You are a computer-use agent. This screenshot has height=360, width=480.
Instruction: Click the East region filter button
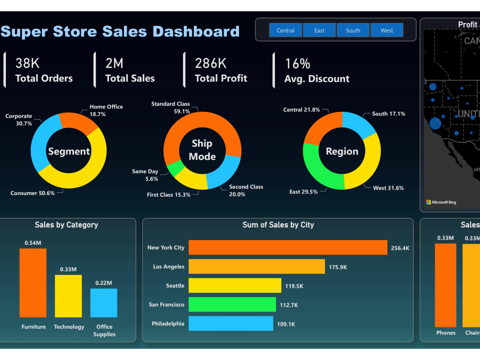pos(319,30)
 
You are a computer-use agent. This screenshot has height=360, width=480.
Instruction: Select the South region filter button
pos(353,30)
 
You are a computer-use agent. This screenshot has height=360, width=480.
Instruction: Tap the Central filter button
pos(286,30)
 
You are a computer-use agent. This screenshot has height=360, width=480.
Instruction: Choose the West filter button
pos(387,30)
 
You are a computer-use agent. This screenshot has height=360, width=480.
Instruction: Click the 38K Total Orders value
pos(27,63)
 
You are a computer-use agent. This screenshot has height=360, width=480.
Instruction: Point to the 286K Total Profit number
pos(211,63)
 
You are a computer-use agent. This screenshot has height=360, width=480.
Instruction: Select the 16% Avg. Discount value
pos(298,64)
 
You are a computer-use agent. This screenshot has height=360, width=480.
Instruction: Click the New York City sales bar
pos(288,248)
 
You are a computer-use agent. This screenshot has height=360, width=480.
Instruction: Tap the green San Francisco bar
pos(232,305)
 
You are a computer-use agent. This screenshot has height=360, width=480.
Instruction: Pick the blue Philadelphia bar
pos(230,324)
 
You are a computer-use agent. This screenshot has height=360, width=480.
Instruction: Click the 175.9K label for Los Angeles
pos(337,267)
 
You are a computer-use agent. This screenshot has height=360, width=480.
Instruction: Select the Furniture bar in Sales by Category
pos(33,283)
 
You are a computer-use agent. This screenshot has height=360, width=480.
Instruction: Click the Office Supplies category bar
pos(104,303)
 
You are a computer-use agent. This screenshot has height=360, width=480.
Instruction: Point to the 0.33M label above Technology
pos(68,269)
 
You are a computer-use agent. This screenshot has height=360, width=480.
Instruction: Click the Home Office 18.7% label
pos(106,110)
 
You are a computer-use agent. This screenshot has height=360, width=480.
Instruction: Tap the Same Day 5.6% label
pos(145,175)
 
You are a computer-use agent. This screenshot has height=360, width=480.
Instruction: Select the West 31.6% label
pos(388,188)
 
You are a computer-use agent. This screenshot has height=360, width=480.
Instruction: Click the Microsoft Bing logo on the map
pos(441,202)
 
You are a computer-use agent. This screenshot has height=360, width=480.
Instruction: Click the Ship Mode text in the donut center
pos(202,150)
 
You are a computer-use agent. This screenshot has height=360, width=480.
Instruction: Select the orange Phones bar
pos(445,285)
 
